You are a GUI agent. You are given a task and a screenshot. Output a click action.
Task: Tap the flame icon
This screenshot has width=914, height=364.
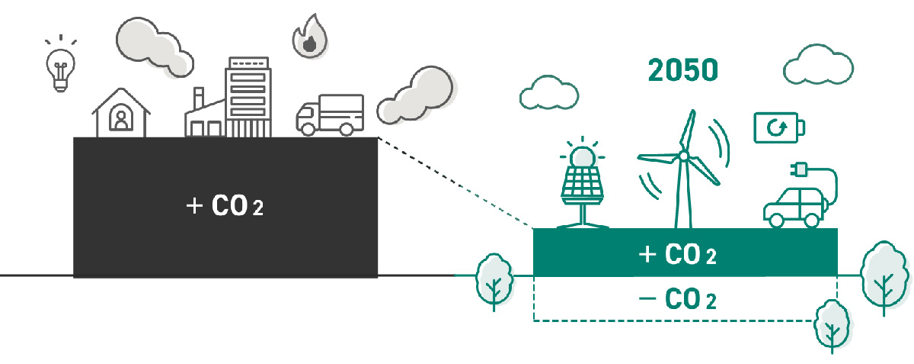pos(308,38)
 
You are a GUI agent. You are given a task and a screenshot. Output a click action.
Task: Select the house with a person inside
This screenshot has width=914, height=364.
pos(120,114)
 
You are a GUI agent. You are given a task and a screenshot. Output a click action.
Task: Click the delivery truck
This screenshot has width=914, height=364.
pos(329,114)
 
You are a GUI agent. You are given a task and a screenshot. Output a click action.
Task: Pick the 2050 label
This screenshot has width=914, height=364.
pos(683,69)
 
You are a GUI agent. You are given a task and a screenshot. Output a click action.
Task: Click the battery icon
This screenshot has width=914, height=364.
pos(778,127)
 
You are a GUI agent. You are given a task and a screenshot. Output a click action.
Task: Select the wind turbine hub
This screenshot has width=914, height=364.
pos(683,156)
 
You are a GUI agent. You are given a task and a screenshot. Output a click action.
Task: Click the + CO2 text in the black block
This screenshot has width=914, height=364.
pos(225,206)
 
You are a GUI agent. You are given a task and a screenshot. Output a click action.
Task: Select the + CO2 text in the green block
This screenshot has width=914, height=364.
pos(677,256)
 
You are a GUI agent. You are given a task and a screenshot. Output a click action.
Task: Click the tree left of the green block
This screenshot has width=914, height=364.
pos(493,279)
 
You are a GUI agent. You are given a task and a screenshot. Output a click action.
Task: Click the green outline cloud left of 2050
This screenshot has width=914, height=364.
pos(548,92)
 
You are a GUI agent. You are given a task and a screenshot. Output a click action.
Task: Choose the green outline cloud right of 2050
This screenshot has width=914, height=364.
pos(818,67)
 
